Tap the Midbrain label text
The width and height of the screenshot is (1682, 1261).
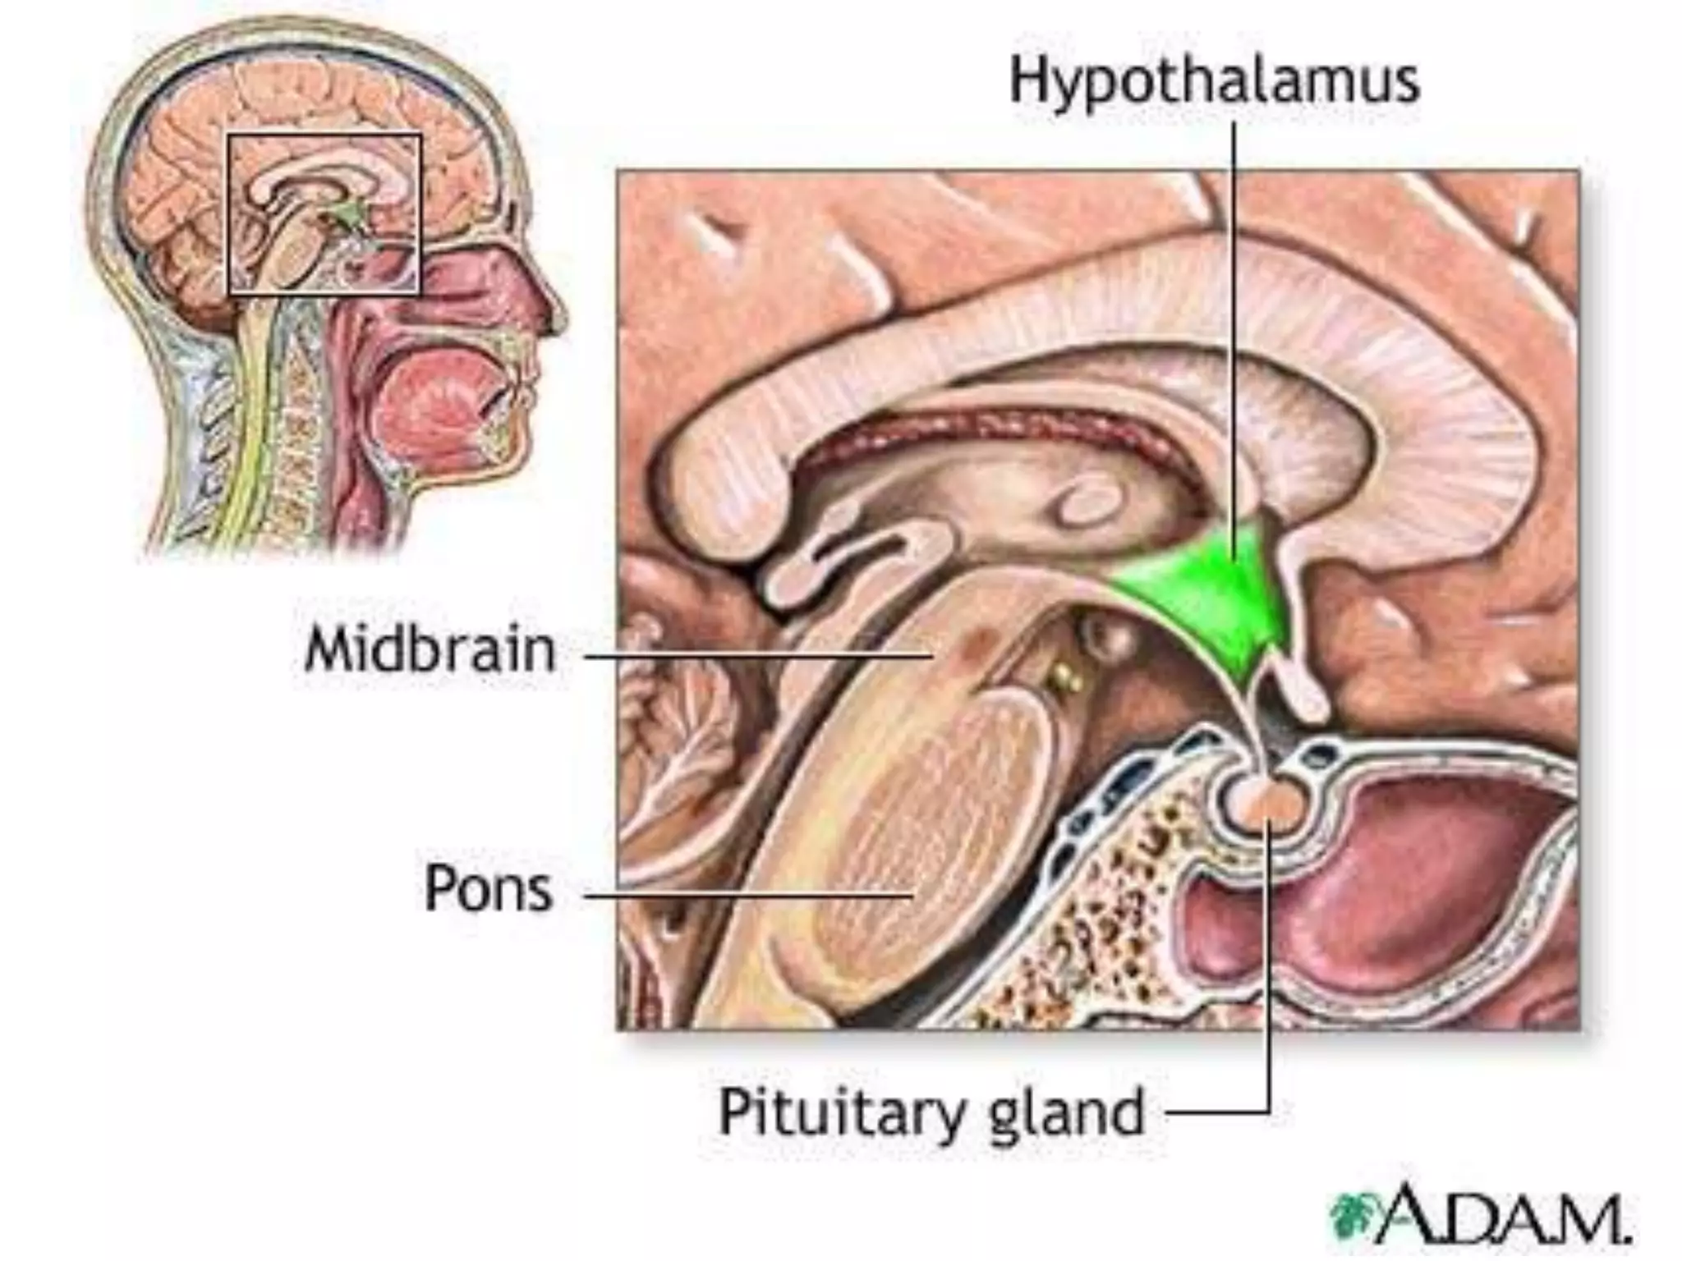430,650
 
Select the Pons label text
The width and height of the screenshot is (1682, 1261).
488,888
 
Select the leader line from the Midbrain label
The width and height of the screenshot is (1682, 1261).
756,656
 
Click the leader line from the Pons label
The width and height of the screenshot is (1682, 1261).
747,896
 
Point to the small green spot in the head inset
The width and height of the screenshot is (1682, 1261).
349,215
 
